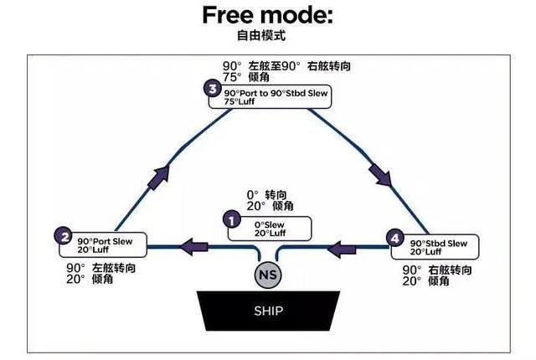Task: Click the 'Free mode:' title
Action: [267, 16]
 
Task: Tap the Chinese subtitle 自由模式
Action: [267, 38]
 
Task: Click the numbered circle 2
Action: [62, 235]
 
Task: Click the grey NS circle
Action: [268, 274]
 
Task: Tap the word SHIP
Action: [267, 311]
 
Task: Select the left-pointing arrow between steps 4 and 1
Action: [341, 247]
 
